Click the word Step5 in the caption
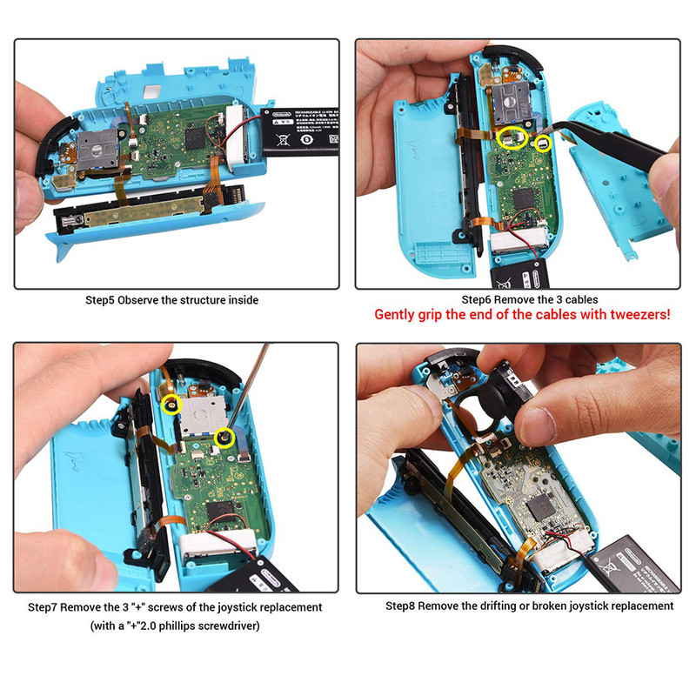point(100,300)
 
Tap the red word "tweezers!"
point(639,315)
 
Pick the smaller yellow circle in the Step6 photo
point(543,143)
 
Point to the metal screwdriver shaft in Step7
point(248,391)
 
